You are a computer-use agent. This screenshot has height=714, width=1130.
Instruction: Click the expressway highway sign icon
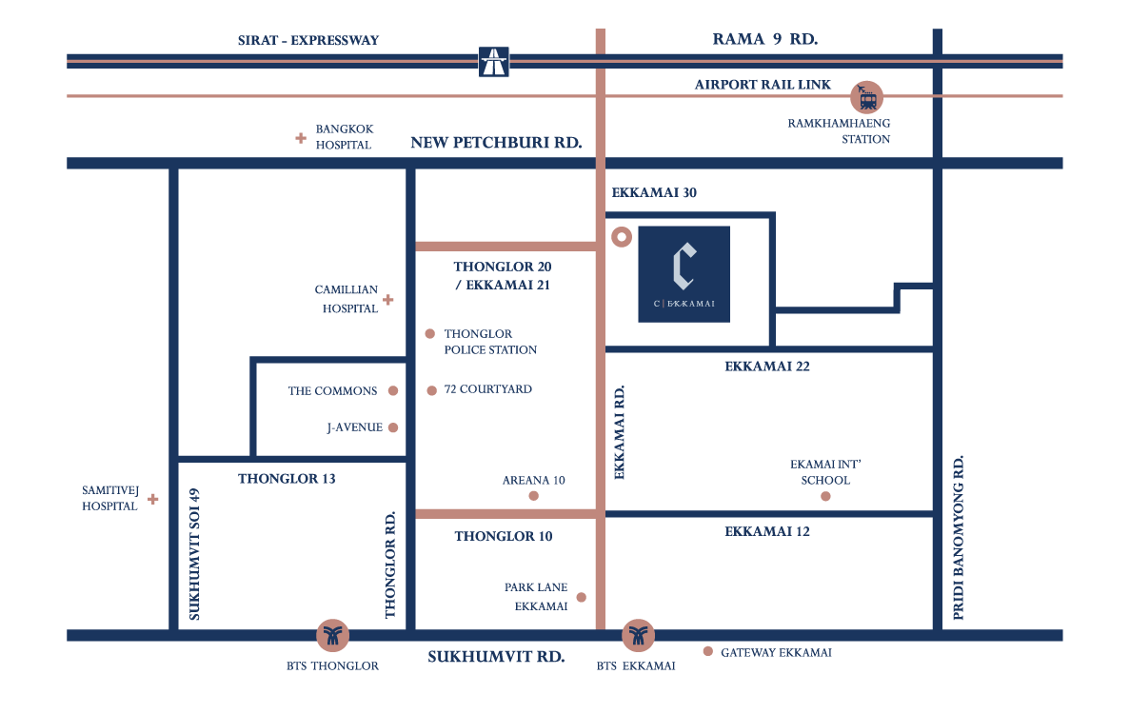coord(494,62)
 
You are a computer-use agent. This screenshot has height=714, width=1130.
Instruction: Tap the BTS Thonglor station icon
coord(332,635)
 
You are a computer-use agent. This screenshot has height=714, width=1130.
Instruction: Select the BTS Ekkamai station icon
coord(638,635)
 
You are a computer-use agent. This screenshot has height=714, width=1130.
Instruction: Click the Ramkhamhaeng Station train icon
coord(866,96)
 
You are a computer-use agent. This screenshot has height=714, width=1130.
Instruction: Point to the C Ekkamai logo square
coord(684,274)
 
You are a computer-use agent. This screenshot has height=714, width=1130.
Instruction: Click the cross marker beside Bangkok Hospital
coord(301,138)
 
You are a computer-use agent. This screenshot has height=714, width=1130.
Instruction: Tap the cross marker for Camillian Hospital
coord(388,300)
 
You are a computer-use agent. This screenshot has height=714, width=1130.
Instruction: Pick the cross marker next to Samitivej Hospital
coord(152,498)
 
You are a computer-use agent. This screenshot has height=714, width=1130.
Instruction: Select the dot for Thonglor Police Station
coord(430,334)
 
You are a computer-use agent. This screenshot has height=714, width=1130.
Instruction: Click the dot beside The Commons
coord(393,390)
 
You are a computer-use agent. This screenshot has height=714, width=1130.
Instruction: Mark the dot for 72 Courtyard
coord(431,390)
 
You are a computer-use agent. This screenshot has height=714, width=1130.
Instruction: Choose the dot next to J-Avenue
coord(393,427)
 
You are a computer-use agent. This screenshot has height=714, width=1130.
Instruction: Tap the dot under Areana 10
coord(533,496)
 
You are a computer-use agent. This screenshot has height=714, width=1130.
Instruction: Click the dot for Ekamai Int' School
coord(825,497)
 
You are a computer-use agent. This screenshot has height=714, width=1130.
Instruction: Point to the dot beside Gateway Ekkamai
coord(707,651)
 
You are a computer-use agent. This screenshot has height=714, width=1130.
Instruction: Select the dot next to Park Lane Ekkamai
coord(581,598)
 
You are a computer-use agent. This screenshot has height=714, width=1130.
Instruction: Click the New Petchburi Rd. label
coord(496,143)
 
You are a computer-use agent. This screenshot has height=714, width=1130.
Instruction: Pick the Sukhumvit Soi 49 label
coord(195,554)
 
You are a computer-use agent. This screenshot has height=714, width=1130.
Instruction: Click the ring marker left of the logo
coord(621,236)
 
